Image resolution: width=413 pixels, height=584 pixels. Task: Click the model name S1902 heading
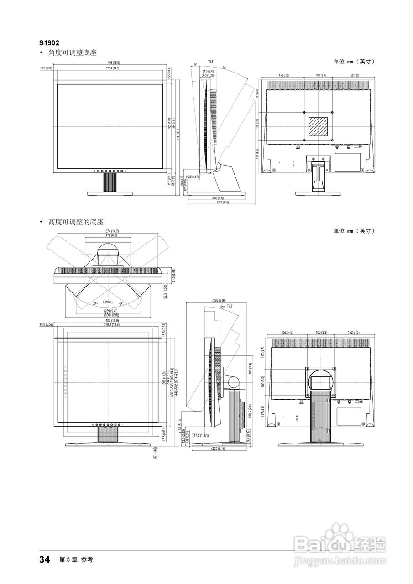(49, 43)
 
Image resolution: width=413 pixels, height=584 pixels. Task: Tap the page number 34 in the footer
(44, 559)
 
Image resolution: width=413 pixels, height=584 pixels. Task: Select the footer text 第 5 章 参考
(76, 560)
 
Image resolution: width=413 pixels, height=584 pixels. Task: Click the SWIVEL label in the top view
(109, 302)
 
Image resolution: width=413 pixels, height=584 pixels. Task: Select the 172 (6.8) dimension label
(109, 235)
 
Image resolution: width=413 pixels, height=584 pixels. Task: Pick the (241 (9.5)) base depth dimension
(218, 202)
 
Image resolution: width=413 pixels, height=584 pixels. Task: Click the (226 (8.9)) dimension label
(219, 301)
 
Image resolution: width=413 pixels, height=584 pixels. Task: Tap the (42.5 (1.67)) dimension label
(192, 177)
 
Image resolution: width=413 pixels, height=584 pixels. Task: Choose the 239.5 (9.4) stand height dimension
(250, 410)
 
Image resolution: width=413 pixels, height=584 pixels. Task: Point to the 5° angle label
(195, 64)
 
